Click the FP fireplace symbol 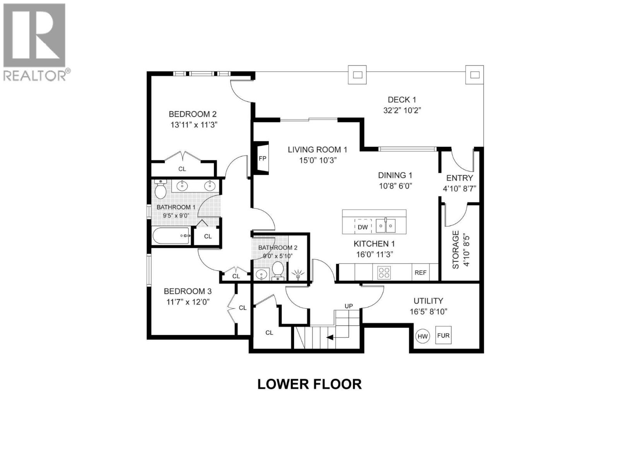[x=262, y=158]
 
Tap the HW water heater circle [x=422, y=336]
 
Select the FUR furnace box [x=443, y=335]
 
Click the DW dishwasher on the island [x=363, y=227]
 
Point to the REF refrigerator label [x=421, y=272]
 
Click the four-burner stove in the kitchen [x=384, y=272]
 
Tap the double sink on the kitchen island [x=386, y=226]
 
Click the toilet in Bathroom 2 [x=278, y=270]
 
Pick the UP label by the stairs [x=349, y=306]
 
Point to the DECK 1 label [x=402, y=100]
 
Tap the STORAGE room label [x=456, y=250]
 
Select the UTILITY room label [x=428, y=301]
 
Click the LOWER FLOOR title [x=309, y=384]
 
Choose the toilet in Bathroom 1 [x=160, y=189]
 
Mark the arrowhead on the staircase [x=330, y=337]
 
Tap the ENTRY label [x=459, y=178]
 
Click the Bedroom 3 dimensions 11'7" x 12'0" [x=188, y=301]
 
